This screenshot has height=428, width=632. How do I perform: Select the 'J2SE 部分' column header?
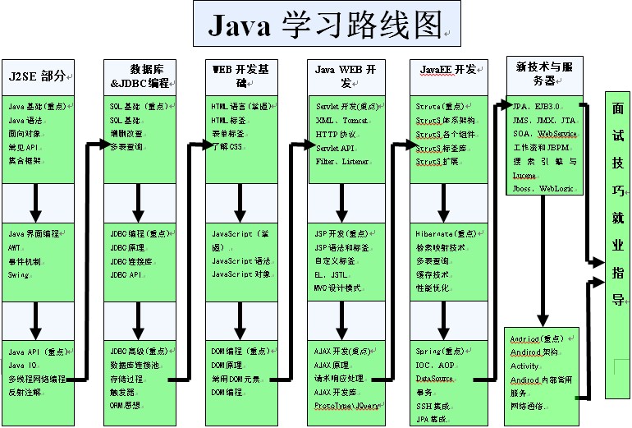pos(37,75)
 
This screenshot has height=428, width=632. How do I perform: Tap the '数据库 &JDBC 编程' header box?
pos(139,76)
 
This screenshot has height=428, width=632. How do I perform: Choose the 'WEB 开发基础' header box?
pos(240,76)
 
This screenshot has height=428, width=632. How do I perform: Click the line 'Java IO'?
pos(23,365)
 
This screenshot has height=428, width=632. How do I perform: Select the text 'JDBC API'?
pos(126,274)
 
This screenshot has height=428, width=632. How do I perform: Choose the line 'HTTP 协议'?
pos(338,134)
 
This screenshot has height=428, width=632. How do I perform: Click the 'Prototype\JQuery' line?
pos(346,406)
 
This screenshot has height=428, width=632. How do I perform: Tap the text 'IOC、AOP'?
pos(436,365)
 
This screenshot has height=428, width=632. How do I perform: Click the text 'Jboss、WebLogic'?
pos(541,187)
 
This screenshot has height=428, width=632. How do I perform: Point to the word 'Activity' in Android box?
pos(524,366)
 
